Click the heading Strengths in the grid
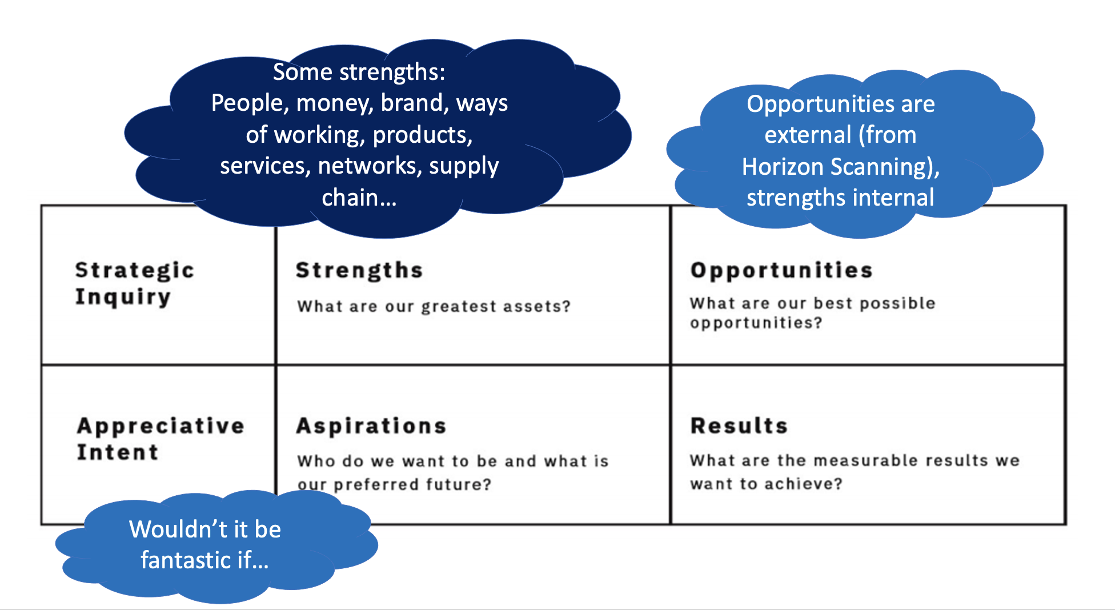coord(359,270)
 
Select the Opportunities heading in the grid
coord(781,271)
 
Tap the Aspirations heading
coord(371,426)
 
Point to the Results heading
coord(739,426)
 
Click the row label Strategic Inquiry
coord(135,283)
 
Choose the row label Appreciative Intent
coord(161,439)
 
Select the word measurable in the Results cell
coord(866,460)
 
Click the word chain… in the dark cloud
coord(359,198)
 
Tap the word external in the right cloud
coord(808,135)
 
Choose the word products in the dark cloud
coord(423,135)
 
